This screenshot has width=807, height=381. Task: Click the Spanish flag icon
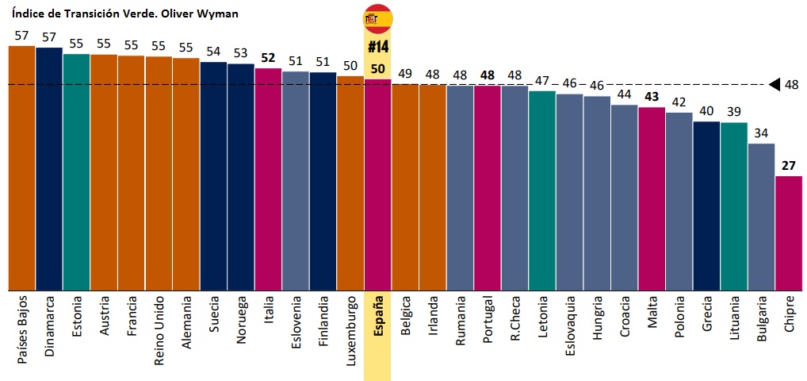[377, 17]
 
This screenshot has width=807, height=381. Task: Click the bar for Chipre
[788, 233]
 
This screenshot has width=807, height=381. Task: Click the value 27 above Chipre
[788, 166]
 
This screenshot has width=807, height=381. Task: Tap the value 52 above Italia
[268, 58]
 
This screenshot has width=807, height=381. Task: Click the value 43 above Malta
[652, 97]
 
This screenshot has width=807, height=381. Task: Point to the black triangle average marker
[774, 84]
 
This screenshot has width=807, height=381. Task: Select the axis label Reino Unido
[159, 331]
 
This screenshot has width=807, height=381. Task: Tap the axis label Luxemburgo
[350, 331]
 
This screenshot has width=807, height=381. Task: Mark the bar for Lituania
[733, 206]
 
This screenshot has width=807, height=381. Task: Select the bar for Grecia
[706, 206]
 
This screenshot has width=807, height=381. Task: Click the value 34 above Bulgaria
[761, 133]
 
